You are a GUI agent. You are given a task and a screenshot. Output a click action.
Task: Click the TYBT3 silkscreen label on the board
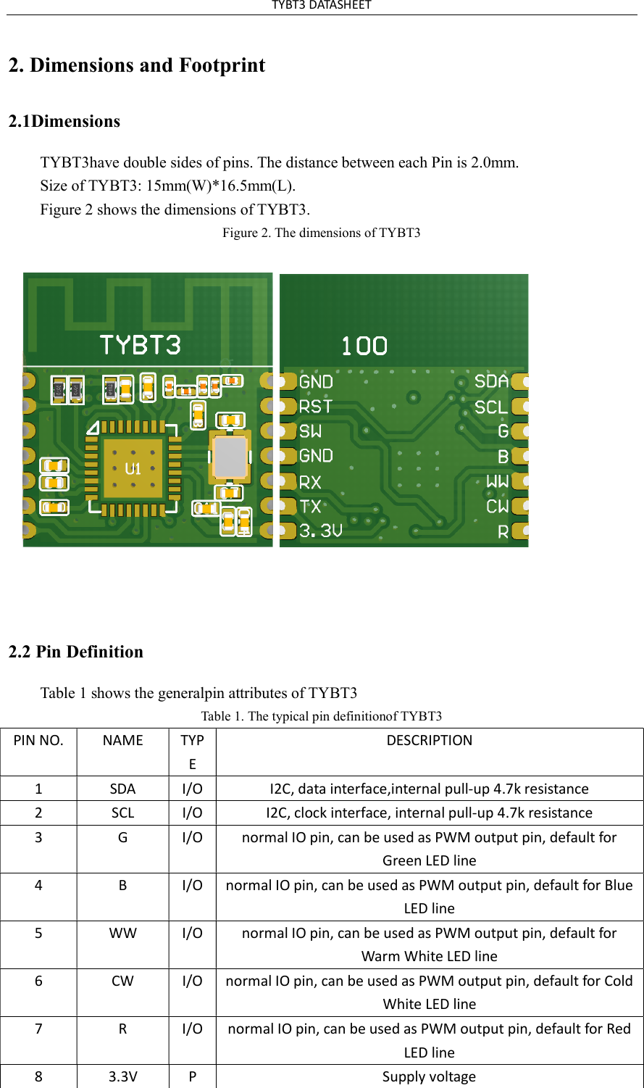(x=140, y=345)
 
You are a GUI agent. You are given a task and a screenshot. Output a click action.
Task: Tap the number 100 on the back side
(x=364, y=346)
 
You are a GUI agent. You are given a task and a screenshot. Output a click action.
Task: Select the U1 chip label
(x=133, y=469)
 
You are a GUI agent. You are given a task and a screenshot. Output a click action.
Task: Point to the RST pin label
(x=316, y=406)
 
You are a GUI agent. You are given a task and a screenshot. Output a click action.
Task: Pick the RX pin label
(x=310, y=482)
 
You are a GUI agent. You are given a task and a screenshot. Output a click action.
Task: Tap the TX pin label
(x=310, y=506)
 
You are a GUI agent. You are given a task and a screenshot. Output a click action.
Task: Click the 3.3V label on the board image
(x=321, y=531)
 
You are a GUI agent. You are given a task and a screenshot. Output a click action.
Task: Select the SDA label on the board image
(x=491, y=381)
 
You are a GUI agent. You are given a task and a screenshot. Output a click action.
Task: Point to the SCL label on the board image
(x=491, y=407)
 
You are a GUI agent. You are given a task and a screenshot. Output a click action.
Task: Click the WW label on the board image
(x=497, y=481)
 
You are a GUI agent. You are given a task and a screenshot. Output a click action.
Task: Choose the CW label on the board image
(x=497, y=506)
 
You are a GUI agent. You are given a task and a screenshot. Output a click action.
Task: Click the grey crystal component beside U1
(x=231, y=457)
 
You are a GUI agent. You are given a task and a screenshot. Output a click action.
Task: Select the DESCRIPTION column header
(x=429, y=740)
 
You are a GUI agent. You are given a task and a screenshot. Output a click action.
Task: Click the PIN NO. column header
(x=38, y=740)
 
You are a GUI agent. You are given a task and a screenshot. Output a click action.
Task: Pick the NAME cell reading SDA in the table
(x=122, y=789)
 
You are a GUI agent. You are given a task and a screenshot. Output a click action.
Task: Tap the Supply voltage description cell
(x=429, y=1076)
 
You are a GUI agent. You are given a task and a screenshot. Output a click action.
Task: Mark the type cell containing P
(x=192, y=1076)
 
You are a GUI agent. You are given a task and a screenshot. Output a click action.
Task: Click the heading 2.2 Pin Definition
(x=76, y=652)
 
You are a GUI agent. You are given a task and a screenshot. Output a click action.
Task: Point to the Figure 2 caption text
(x=321, y=233)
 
